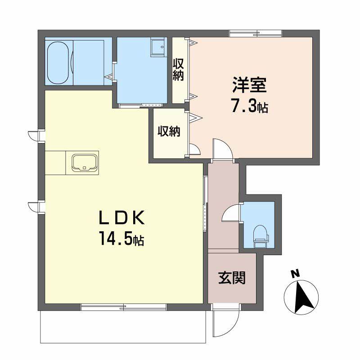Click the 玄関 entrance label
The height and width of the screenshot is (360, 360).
(x=232, y=278)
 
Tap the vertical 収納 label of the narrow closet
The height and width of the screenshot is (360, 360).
(x=179, y=69)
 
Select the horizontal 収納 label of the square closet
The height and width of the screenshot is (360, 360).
(x=169, y=131)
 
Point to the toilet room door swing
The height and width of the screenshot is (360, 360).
(x=231, y=212)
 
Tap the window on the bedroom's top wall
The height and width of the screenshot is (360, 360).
(x=256, y=33)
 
